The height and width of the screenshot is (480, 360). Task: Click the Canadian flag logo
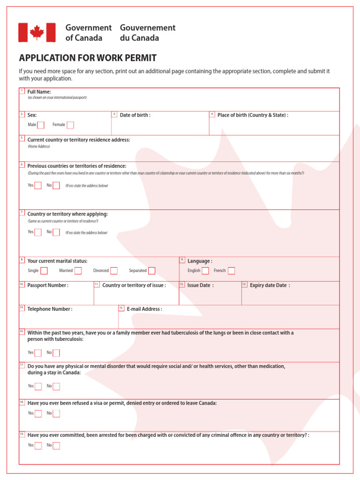pyautogui.click(x=37, y=32)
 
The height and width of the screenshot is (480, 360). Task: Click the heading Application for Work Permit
pyautogui.click(x=88, y=58)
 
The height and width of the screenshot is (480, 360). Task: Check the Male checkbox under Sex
pyautogui.click(x=41, y=125)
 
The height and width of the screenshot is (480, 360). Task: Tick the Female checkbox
pyautogui.click(x=70, y=125)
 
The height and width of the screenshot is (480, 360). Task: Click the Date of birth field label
pyautogui.click(x=135, y=115)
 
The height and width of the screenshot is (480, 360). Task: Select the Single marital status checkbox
pyautogui.click(x=44, y=270)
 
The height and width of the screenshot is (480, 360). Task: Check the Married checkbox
pyautogui.click(x=78, y=270)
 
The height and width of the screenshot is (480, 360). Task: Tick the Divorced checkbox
pyautogui.click(x=114, y=270)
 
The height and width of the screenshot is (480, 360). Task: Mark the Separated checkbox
pyautogui.click(x=151, y=270)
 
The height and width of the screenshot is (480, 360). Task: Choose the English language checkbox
pyautogui.click(x=205, y=270)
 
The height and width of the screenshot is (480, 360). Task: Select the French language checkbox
pyautogui.click(x=231, y=270)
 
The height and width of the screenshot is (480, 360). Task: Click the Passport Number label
pyautogui.click(x=48, y=285)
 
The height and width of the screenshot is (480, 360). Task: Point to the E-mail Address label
pyautogui.click(x=144, y=309)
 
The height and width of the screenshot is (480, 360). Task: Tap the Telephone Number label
pyautogui.click(x=50, y=309)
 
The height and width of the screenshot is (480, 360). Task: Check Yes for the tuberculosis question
pyautogui.click(x=38, y=352)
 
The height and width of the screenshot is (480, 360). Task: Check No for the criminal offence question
pyautogui.click(x=56, y=445)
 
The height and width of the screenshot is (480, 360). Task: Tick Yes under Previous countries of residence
pyautogui.click(x=38, y=185)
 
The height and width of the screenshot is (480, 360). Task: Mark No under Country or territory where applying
pyautogui.click(x=56, y=232)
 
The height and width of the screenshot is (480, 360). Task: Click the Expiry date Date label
pyautogui.click(x=270, y=285)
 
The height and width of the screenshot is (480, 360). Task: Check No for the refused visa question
pyautogui.click(x=56, y=413)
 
